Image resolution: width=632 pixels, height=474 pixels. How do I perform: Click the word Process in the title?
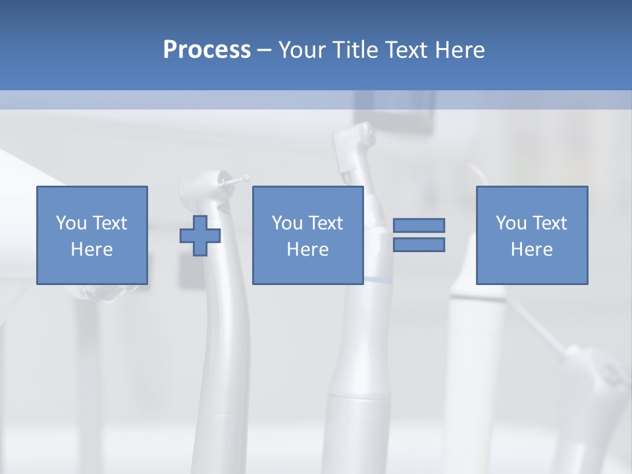click(207, 50)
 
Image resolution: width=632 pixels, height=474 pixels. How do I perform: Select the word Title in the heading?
click(356, 50)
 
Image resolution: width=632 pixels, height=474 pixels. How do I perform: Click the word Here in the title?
click(460, 50)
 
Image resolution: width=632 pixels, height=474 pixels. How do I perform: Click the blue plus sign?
click(200, 235)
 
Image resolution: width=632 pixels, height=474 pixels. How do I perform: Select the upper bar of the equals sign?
click(419, 225)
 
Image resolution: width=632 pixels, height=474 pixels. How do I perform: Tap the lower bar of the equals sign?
click(419, 245)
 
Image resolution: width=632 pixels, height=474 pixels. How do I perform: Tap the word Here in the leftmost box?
click(92, 250)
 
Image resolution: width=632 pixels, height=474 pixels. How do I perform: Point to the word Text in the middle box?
click(327, 223)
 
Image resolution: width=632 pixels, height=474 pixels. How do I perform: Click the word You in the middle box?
click(287, 223)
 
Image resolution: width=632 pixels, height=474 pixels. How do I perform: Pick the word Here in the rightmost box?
click(532, 250)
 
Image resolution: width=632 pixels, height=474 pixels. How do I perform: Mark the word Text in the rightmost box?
click(550, 223)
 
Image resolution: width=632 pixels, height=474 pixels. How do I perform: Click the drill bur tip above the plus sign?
click(246, 178)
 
